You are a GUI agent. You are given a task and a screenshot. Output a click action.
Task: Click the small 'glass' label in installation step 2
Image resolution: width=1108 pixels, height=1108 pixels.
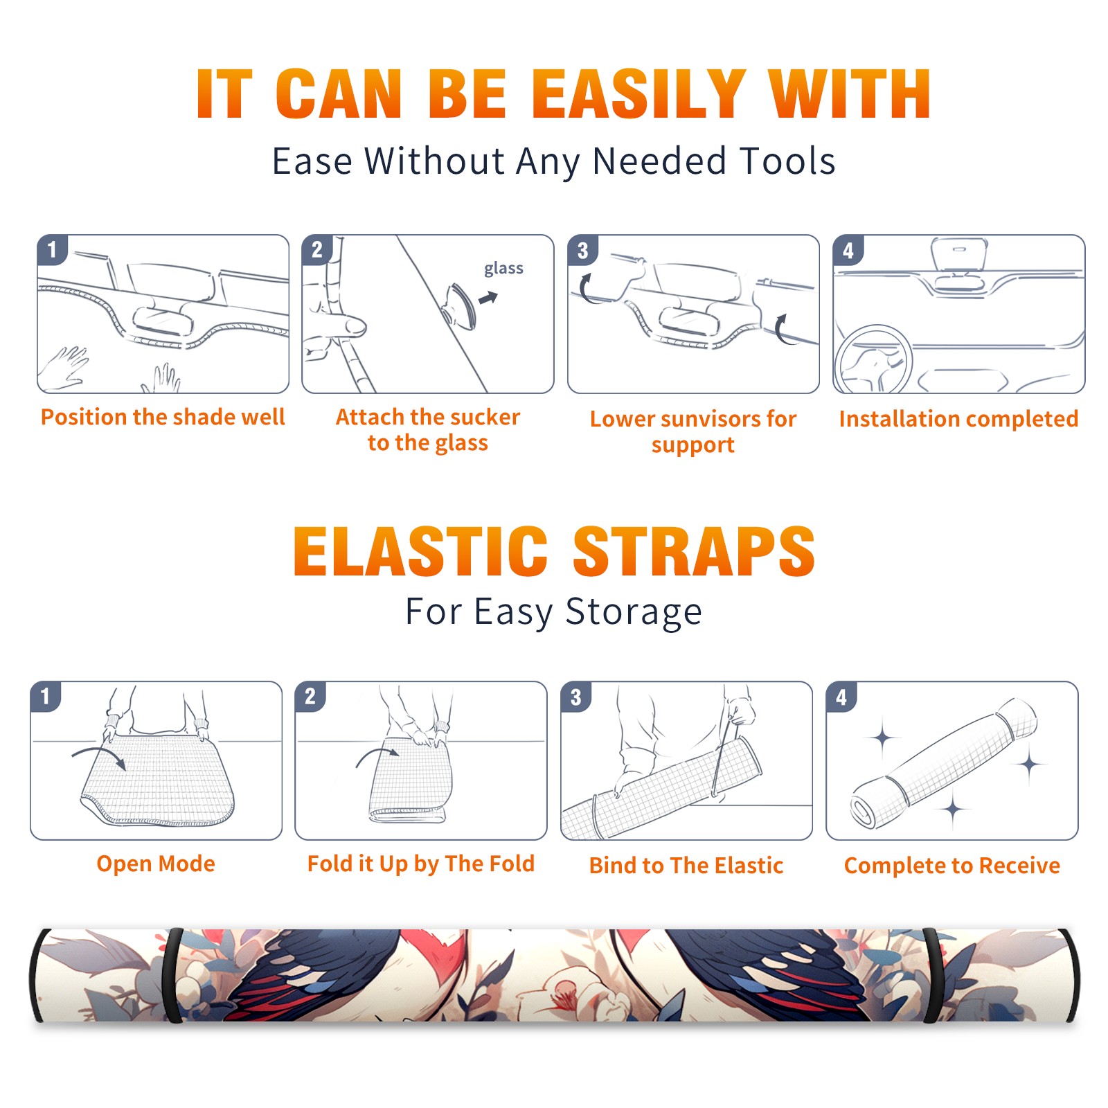click(x=503, y=269)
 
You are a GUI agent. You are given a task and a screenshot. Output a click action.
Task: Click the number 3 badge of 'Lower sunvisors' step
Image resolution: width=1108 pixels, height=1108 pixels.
click(x=582, y=250)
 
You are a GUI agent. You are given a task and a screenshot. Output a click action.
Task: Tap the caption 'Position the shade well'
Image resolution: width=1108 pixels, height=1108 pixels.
click(x=163, y=417)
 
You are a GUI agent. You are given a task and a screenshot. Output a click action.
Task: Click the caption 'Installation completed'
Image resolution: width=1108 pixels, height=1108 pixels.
click(x=958, y=419)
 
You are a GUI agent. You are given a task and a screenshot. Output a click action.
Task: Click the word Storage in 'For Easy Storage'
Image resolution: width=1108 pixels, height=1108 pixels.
click(x=634, y=612)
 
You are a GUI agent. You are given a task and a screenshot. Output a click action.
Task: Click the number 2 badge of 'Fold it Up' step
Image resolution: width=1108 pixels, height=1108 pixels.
click(x=310, y=696)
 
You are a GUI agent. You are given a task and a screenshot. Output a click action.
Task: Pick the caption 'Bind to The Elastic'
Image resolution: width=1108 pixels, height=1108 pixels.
click(x=686, y=866)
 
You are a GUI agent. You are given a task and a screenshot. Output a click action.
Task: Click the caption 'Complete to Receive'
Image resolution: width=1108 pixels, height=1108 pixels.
click(x=952, y=866)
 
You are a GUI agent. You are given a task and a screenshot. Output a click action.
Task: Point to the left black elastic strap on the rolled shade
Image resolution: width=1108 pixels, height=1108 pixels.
click(x=173, y=975)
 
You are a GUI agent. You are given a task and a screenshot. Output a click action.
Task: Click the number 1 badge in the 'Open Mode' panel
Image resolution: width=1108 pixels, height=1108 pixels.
click(x=45, y=696)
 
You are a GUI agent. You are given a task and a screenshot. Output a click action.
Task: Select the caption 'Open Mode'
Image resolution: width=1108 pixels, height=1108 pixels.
click(x=156, y=864)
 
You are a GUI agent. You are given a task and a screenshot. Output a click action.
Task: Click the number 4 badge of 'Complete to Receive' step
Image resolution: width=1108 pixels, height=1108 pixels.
click(x=841, y=697)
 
